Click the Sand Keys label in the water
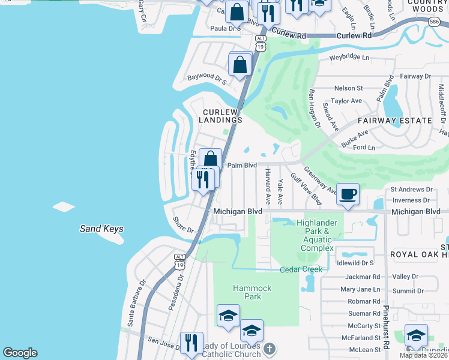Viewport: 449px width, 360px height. (102, 229)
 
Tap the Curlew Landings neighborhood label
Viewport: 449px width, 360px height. (222, 116)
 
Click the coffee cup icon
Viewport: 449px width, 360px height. (348, 194)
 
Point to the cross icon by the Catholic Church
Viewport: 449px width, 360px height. (270, 349)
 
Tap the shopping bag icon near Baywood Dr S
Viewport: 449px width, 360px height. (240, 65)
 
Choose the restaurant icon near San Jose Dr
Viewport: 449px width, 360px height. (191, 343)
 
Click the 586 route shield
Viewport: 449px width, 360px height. (434, 22)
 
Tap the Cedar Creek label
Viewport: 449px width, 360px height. (301, 269)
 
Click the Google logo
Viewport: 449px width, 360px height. (20, 353)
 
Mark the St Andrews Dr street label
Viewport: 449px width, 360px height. (411, 189)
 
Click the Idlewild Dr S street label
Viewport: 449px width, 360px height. (355, 263)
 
